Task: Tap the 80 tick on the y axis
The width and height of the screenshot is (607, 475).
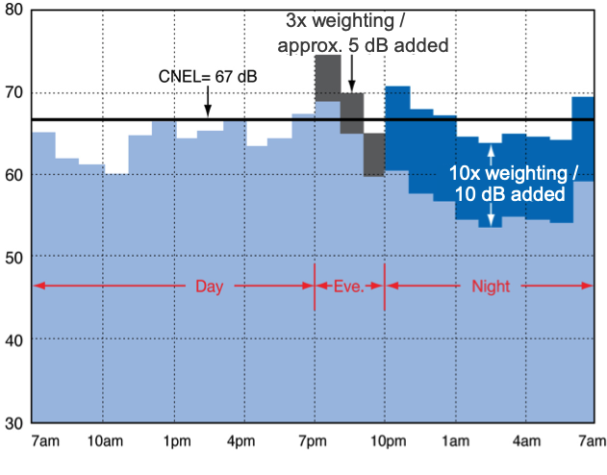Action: point(14,12)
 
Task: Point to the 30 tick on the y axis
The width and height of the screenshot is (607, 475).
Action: point(14,423)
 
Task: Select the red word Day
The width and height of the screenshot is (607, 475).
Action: point(210,287)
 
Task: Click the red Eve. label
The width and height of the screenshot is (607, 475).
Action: point(349,287)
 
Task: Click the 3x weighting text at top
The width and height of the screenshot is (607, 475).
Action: point(352,20)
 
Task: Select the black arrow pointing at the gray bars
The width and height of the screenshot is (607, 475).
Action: point(352,74)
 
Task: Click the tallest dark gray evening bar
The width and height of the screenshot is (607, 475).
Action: point(327,77)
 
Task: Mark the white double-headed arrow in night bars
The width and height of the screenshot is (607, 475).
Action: point(491,186)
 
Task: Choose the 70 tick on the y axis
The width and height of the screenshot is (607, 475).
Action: point(14,93)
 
